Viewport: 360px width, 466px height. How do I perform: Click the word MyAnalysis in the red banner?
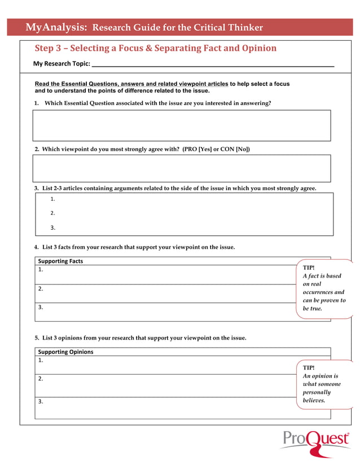pos(56,27)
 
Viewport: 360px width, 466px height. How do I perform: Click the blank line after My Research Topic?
pos(213,64)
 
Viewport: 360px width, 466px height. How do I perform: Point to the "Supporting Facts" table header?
pos(60,261)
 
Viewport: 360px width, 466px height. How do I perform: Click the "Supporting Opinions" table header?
pos(65,352)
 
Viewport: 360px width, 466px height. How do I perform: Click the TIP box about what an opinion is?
pos(323,384)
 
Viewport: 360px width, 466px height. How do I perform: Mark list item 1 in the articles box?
pos(52,199)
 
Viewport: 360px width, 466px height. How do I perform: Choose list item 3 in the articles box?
pos(52,228)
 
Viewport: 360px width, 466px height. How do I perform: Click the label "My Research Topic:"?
pos(62,64)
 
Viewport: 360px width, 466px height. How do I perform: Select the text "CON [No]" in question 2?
pos(235,150)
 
